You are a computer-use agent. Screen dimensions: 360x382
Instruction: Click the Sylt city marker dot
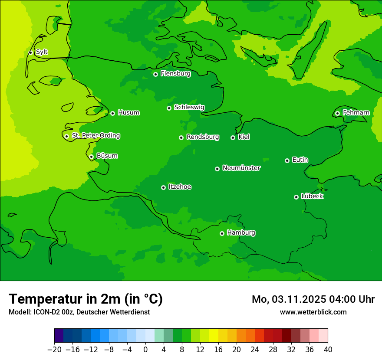[30, 52]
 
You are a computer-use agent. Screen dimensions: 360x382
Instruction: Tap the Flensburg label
[175, 74]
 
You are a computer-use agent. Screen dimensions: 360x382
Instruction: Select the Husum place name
[128, 113]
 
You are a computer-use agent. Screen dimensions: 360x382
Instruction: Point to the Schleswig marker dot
[169, 108]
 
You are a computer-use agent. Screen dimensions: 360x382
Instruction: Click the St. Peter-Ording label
[96, 136]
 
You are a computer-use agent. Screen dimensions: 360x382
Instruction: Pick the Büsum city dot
[91, 157]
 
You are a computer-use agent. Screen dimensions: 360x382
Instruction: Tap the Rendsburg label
[203, 137]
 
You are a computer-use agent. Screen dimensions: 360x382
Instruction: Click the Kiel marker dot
[233, 137]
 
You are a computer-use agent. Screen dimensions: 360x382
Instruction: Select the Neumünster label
[241, 168]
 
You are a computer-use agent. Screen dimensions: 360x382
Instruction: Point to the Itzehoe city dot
[163, 187]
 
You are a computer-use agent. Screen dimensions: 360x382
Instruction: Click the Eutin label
[300, 160]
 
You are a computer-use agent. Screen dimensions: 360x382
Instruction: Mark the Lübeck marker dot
[296, 197]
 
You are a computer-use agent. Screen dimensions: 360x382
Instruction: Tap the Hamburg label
[241, 233]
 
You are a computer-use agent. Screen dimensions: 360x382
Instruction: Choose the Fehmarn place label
[356, 113]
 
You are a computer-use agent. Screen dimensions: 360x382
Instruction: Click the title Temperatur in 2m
[86, 299]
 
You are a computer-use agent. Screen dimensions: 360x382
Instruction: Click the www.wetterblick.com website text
[313, 312]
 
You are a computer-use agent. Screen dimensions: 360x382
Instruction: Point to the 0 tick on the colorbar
[145, 349]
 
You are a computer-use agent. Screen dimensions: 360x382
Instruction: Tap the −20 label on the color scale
[54, 349]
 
